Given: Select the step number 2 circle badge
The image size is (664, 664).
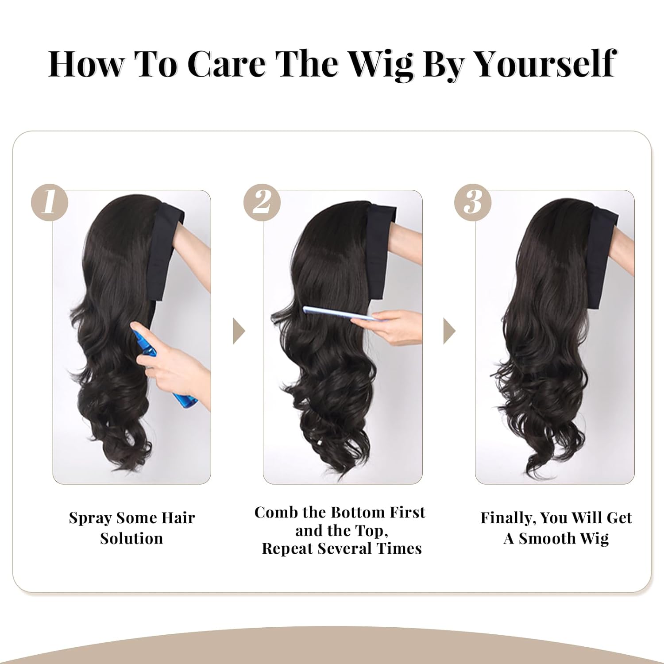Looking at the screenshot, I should coord(262,203).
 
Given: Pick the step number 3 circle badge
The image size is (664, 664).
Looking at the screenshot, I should coord(473,203).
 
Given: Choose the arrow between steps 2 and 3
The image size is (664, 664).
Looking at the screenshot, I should coord(449,332).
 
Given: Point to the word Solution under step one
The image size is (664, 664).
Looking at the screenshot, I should coord(131,539).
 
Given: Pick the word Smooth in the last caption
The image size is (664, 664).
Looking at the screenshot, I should coord(548,539).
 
